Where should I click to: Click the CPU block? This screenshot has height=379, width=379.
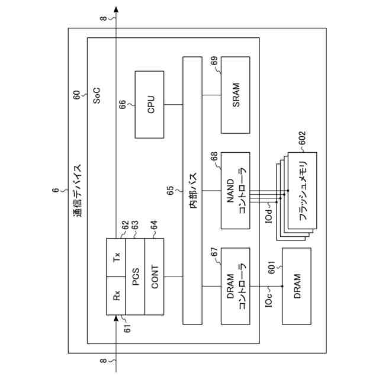click(x=150, y=104)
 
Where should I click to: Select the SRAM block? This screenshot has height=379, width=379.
click(x=236, y=95)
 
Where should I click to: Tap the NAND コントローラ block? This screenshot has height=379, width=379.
click(x=236, y=190)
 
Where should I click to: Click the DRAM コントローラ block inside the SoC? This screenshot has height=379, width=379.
click(x=236, y=286)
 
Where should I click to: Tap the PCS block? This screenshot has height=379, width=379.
click(x=136, y=278)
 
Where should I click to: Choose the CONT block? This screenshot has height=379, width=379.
click(x=154, y=278)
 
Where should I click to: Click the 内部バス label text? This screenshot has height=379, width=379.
click(x=192, y=191)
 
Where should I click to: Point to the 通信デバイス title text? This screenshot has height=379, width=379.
click(x=78, y=191)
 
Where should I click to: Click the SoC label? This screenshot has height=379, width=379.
click(x=97, y=95)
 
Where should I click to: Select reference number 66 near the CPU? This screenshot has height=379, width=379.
click(x=122, y=104)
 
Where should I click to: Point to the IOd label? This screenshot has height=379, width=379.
click(x=268, y=214)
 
